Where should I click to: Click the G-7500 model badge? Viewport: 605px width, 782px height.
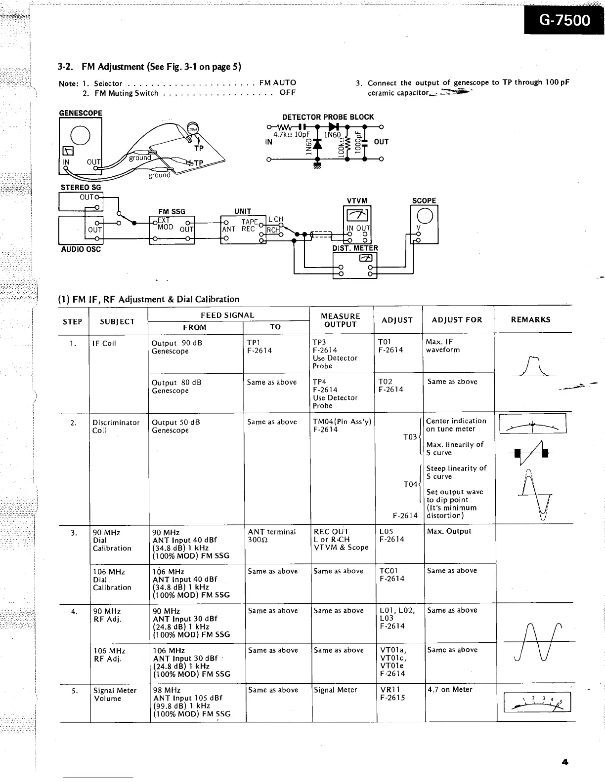563,20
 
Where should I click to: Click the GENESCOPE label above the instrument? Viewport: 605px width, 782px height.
81,113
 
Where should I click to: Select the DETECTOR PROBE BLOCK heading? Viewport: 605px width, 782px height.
328,117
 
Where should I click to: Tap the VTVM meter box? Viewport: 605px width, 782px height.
357,224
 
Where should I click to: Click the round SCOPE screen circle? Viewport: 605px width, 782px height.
425,215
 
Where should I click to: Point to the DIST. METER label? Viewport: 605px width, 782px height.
355,248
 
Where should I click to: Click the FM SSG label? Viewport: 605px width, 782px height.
172,211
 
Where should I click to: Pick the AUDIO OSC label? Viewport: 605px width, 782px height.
81,249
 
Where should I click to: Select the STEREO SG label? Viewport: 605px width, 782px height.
81,188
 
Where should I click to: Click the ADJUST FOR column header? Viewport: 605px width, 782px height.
457,319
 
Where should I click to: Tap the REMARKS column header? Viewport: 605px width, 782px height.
531,319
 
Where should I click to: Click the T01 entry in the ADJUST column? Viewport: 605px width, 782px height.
385,342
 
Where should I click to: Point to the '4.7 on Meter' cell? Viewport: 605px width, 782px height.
449,690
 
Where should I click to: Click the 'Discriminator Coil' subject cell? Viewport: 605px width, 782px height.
116,427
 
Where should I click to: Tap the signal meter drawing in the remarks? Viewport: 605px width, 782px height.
537,702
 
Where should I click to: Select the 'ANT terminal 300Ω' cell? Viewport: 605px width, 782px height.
272,536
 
